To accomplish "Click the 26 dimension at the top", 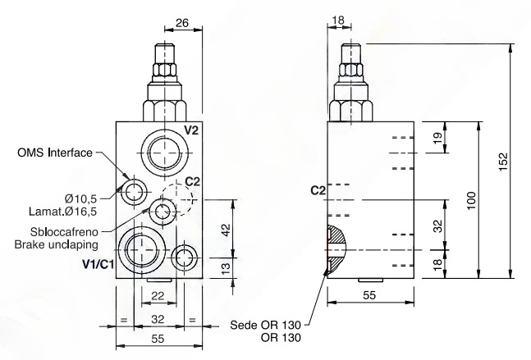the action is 182,23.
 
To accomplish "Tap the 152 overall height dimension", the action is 504,162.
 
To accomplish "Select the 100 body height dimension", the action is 471,200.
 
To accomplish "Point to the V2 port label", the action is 191,130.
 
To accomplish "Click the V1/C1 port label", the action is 98,263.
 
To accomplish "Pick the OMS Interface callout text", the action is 55,153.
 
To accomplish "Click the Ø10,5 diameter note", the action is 80,198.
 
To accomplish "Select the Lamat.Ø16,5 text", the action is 62,212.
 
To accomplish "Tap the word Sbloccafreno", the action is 64,232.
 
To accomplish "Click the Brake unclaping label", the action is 56,244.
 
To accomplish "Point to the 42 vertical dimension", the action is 226,229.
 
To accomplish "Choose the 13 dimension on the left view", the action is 226,267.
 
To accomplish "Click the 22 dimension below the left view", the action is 158,296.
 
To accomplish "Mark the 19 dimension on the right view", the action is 437,138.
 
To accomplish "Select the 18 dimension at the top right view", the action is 338,20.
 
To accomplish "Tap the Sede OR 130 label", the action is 266,326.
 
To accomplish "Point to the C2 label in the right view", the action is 318,191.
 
